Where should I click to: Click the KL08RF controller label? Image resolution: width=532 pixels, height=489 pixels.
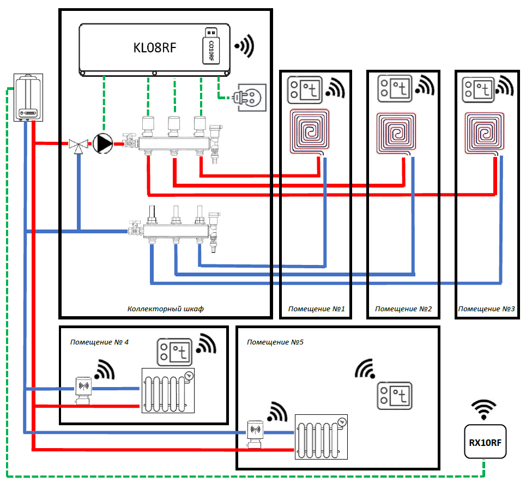[x=154, y=48]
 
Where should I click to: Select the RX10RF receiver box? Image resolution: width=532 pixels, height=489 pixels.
[x=485, y=442]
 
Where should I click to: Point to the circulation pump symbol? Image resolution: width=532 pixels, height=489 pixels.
[x=102, y=144]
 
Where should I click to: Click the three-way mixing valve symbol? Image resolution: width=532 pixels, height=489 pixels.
[x=79, y=145]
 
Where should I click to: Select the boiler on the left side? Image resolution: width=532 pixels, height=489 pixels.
[x=27, y=99]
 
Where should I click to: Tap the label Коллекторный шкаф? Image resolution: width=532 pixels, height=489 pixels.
[x=165, y=309]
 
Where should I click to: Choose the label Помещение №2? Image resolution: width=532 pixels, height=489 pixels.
[x=403, y=309]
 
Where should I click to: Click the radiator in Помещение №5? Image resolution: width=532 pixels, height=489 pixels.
[x=322, y=437]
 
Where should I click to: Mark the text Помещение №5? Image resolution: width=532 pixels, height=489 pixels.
[x=275, y=342]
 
